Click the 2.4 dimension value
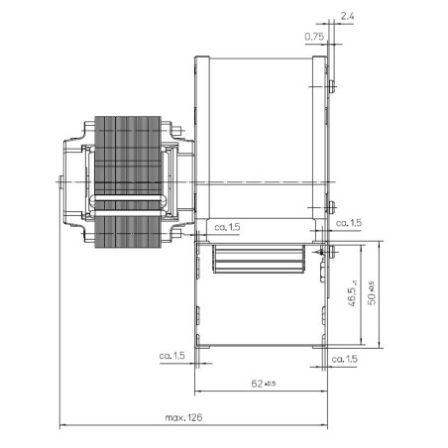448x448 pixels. tap(344, 17)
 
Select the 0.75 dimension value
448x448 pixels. tap(312, 37)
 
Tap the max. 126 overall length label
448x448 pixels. tap(183, 418)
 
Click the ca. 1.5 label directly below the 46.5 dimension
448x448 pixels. tap(344, 358)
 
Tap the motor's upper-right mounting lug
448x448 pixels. tap(175, 128)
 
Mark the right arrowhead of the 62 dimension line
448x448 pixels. tap(324, 389)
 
